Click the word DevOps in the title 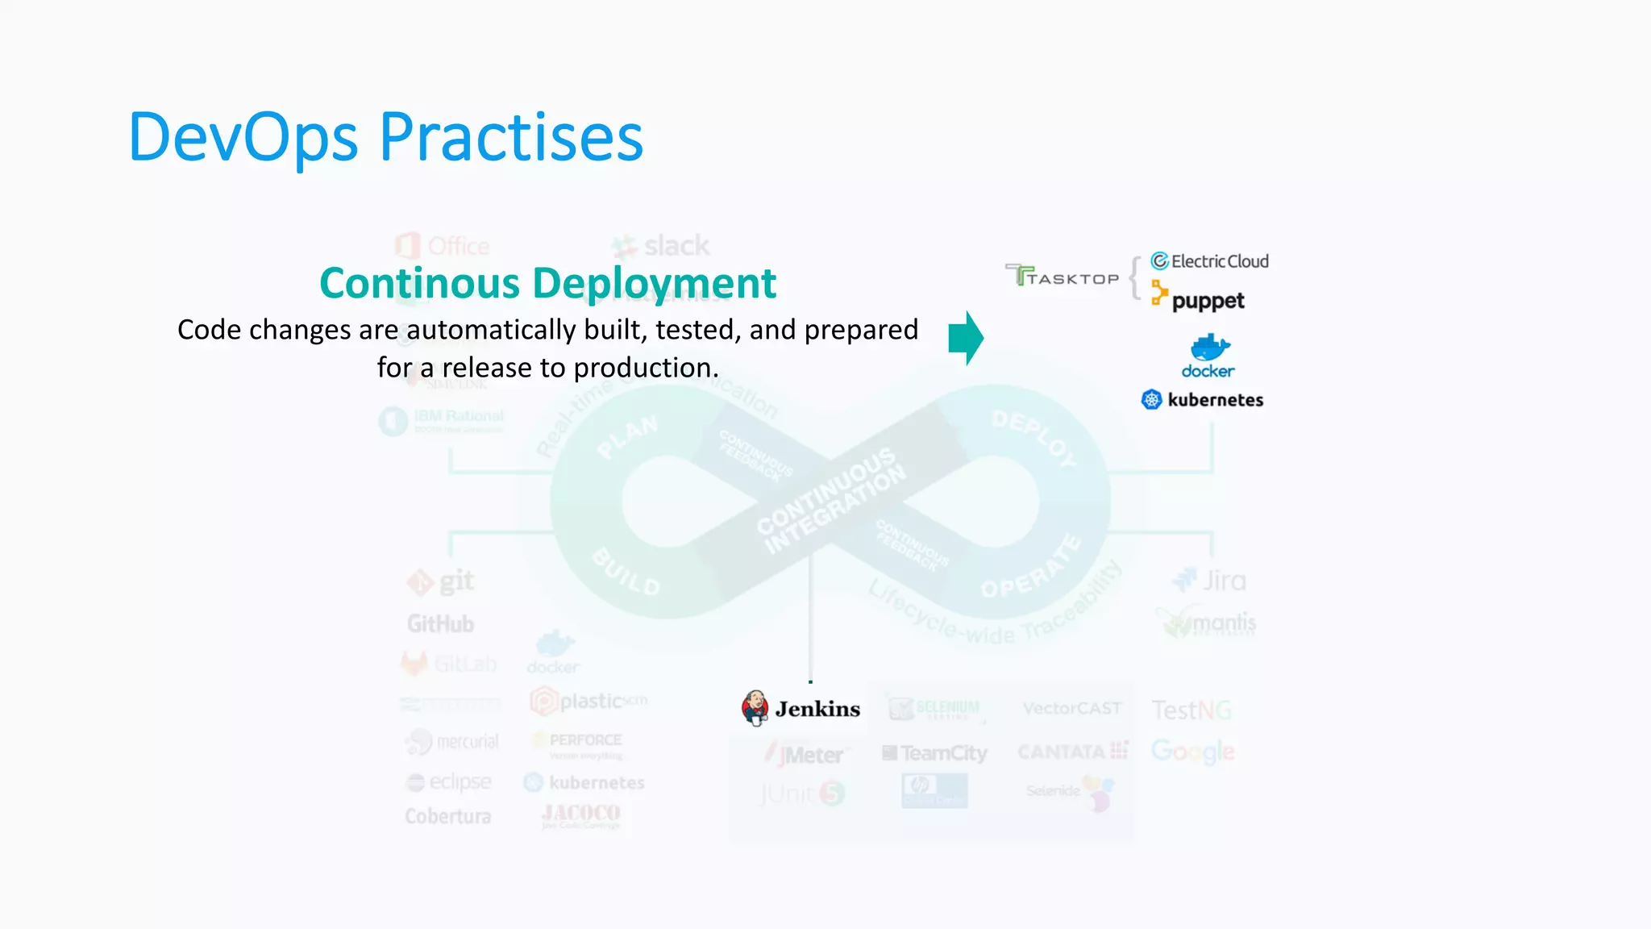click(x=243, y=138)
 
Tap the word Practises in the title click(x=511, y=138)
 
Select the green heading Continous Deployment click(x=547, y=283)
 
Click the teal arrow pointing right click(x=966, y=338)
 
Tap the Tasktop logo click(x=1063, y=277)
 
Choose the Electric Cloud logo click(x=1209, y=261)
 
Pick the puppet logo click(x=1198, y=298)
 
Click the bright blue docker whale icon click(x=1209, y=348)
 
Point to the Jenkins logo click(x=801, y=708)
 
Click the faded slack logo click(x=661, y=245)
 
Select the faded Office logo click(x=443, y=246)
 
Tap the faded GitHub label click(x=440, y=623)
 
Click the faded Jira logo click(x=1209, y=580)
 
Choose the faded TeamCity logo click(x=934, y=753)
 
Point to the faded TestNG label click(x=1191, y=710)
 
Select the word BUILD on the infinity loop click(x=626, y=571)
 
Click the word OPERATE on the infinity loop click(x=1031, y=567)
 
